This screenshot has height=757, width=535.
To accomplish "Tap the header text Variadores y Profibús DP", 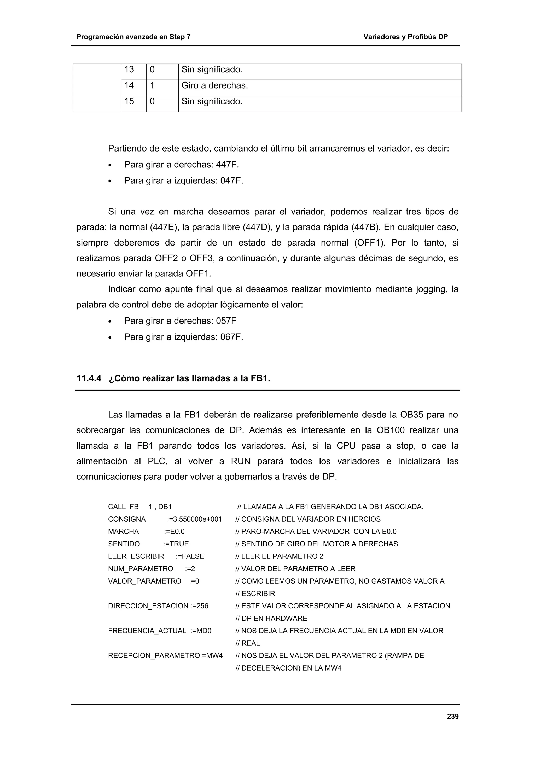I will [405, 37].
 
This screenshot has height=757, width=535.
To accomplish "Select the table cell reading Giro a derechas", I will [214, 86].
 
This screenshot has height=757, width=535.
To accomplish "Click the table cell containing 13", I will [129, 69].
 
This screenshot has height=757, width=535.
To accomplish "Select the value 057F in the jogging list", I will [226, 321].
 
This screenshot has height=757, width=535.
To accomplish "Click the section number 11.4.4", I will [89, 378].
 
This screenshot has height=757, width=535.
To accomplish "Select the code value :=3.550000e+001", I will [194, 519].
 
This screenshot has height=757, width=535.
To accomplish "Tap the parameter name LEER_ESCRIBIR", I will [136, 557].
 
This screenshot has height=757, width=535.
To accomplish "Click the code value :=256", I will [199, 606].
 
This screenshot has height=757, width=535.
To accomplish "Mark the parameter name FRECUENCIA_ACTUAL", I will [147, 631].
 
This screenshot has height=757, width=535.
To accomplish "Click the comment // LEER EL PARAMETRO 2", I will [279, 557].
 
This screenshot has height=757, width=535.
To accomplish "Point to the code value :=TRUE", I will [176, 544].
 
